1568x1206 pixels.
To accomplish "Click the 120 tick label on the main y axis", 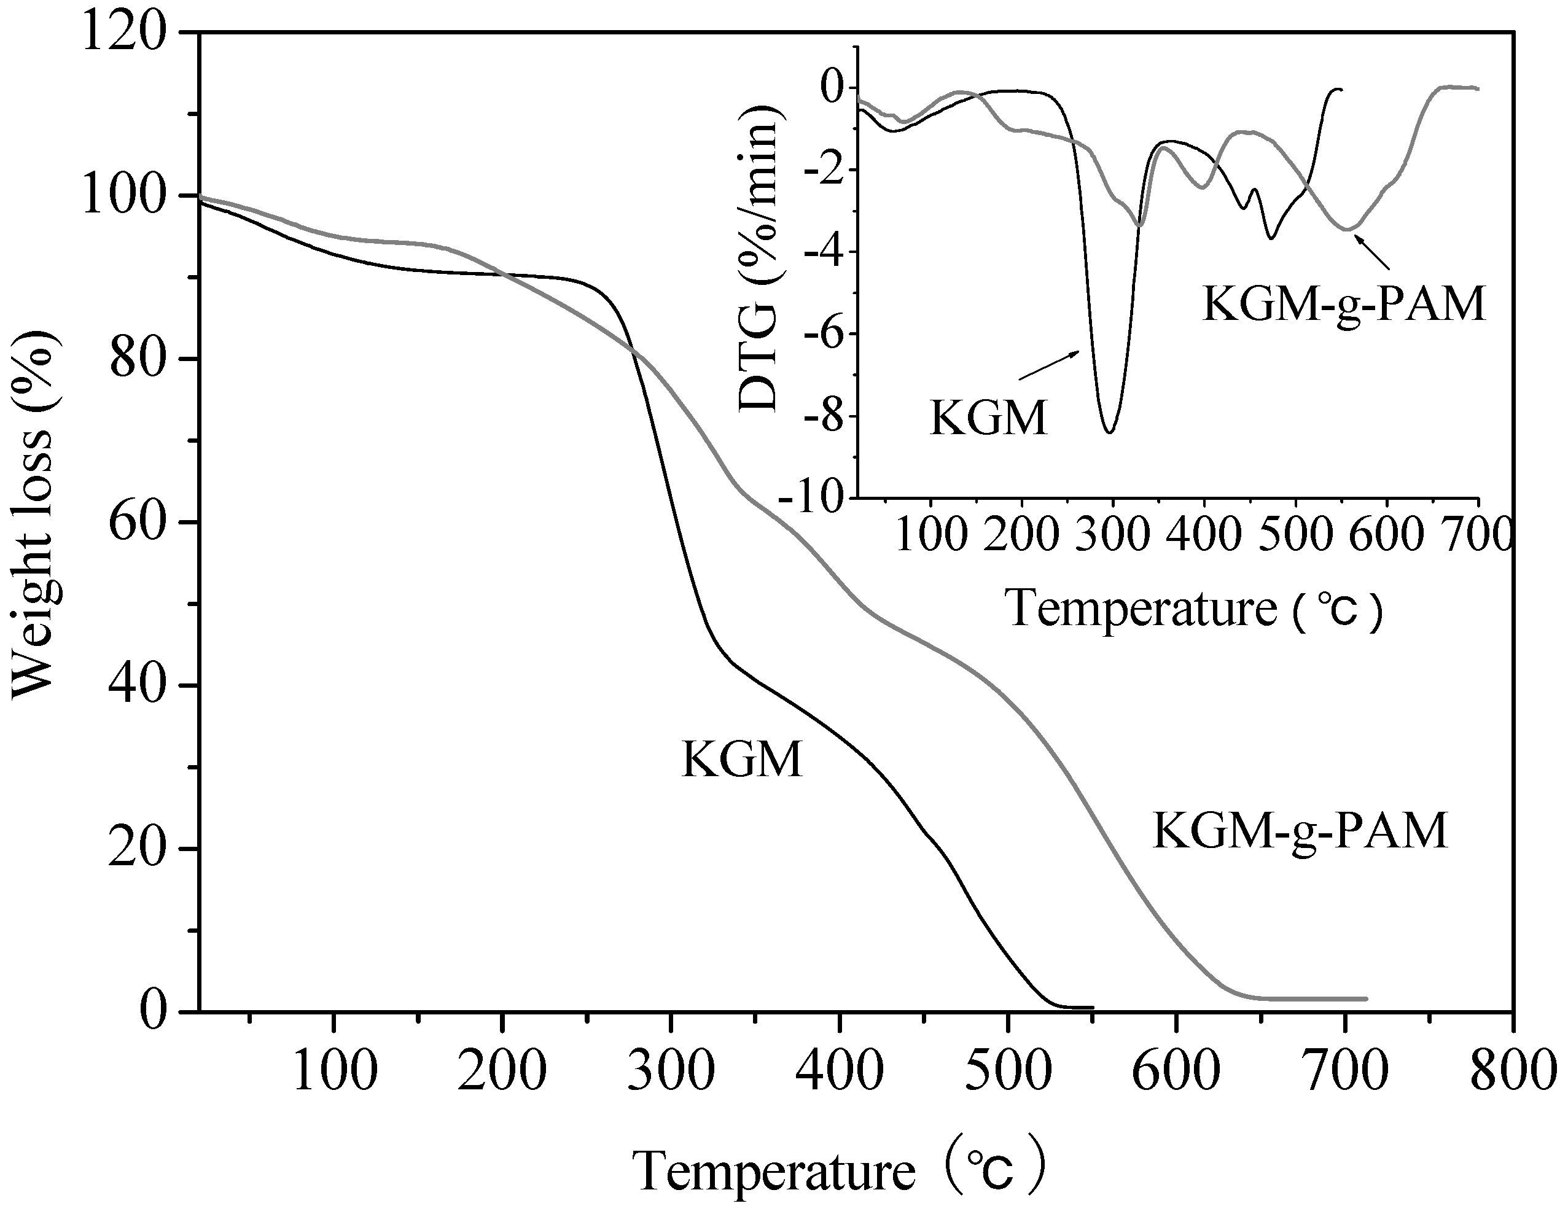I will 123,34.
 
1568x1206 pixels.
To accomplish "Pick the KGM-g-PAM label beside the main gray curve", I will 1300,831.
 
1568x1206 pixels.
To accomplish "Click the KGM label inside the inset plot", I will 989,418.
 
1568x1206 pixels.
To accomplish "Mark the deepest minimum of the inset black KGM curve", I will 1110,432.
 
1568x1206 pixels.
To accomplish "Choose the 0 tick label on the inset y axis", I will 837,88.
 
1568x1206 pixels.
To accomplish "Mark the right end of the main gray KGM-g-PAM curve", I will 1365,999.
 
